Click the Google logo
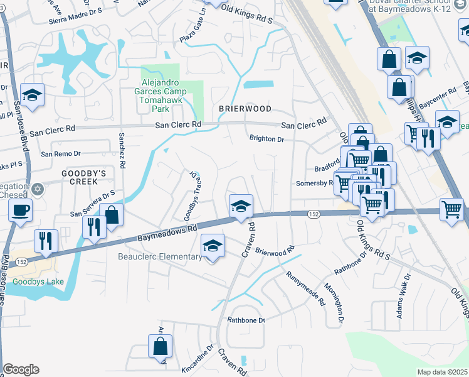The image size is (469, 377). (x=21, y=369)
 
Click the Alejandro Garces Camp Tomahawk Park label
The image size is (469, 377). (x=161, y=96)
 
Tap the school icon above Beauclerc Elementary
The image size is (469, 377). (x=213, y=246)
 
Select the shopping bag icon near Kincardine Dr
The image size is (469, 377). (x=161, y=346)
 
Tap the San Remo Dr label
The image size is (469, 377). (x=61, y=153)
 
